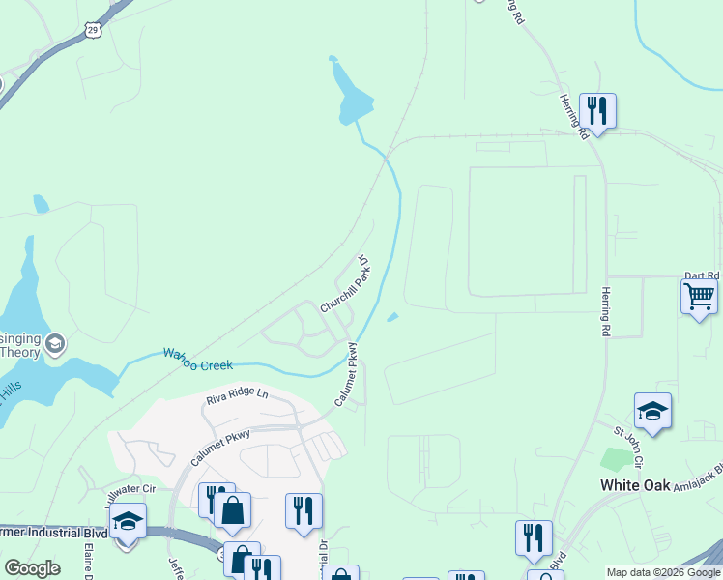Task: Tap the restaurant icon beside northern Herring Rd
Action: point(597,111)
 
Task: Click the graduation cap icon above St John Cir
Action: point(652,411)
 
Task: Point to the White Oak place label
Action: point(635,484)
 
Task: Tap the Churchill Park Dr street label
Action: point(346,284)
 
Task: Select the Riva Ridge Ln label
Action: point(236,395)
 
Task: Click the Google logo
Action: point(32,567)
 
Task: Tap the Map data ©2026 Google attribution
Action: point(663,572)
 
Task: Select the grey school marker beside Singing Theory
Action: point(56,342)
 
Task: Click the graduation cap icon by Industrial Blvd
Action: point(128,521)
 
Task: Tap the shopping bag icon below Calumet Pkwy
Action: point(233,510)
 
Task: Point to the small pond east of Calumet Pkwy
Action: point(392,316)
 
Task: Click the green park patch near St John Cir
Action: point(614,459)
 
